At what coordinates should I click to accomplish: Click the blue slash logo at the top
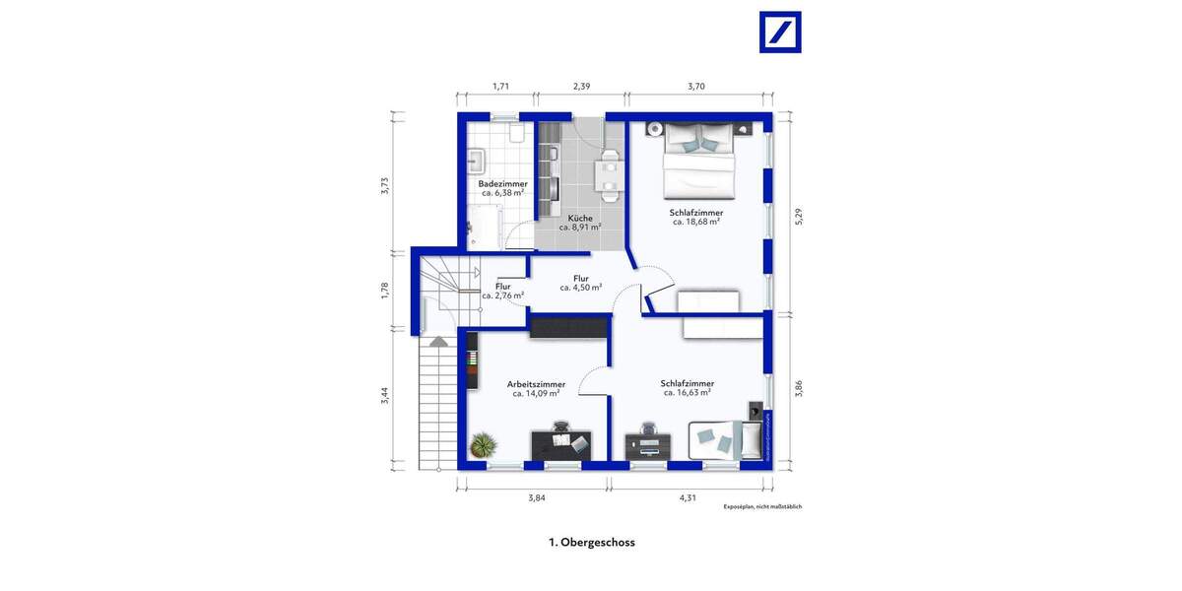click(x=780, y=32)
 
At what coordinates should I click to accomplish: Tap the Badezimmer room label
click(x=502, y=184)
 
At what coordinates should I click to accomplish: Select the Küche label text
click(x=580, y=218)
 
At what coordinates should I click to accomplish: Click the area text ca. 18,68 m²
click(x=696, y=223)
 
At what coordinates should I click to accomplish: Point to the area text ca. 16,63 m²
click(x=687, y=392)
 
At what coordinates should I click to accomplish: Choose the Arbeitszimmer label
click(x=536, y=384)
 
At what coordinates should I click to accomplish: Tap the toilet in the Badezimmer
click(x=516, y=132)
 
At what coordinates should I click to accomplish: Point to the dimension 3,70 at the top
click(x=696, y=87)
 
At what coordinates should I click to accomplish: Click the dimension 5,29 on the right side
click(x=800, y=217)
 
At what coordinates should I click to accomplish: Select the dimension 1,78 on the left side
click(x=385, y=290)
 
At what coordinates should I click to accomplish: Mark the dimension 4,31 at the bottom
click(x=688, y=497)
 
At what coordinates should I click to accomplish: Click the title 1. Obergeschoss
click(x=591, y=542)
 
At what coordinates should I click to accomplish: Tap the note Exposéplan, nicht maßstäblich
click(x=762, y=507)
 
